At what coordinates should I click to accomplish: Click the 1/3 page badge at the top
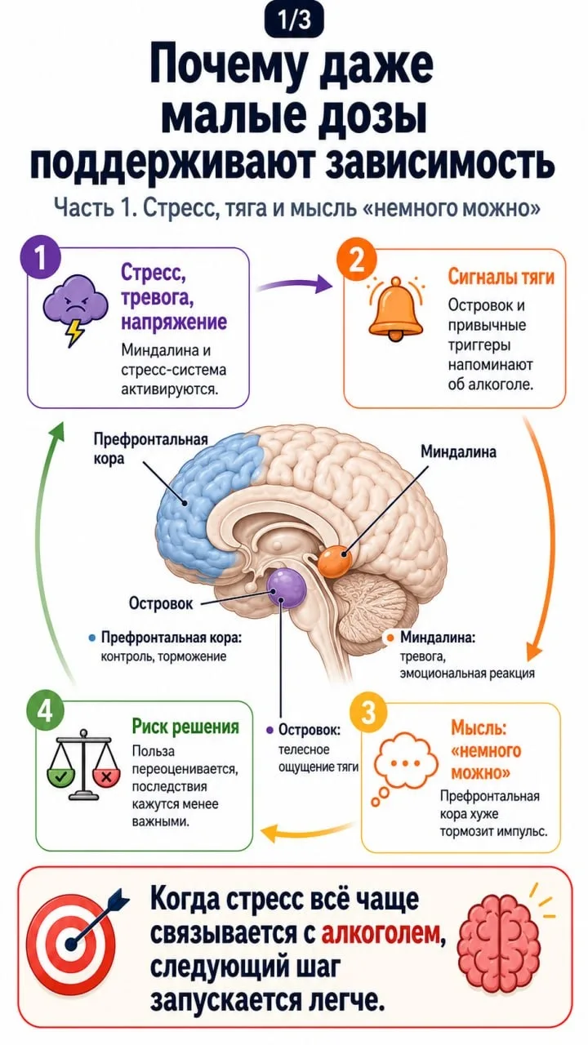[x=294, y=20]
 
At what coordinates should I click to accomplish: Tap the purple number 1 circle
[x=41, y=259]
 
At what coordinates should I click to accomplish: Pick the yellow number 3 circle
[x=368, y=713]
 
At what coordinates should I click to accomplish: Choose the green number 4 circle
[x=45, y=713]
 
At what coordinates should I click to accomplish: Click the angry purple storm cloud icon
[x=73, y=309]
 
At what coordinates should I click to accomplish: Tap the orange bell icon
[x=395, y=308]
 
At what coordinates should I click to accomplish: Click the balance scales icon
[x=84, y=766]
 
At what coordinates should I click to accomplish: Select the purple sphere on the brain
[x=287, y=588]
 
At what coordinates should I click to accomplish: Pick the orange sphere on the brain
[x=334, y=562]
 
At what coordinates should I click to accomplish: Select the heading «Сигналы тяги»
[x=501, y=277]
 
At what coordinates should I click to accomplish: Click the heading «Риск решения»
[x=185, y=727]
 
